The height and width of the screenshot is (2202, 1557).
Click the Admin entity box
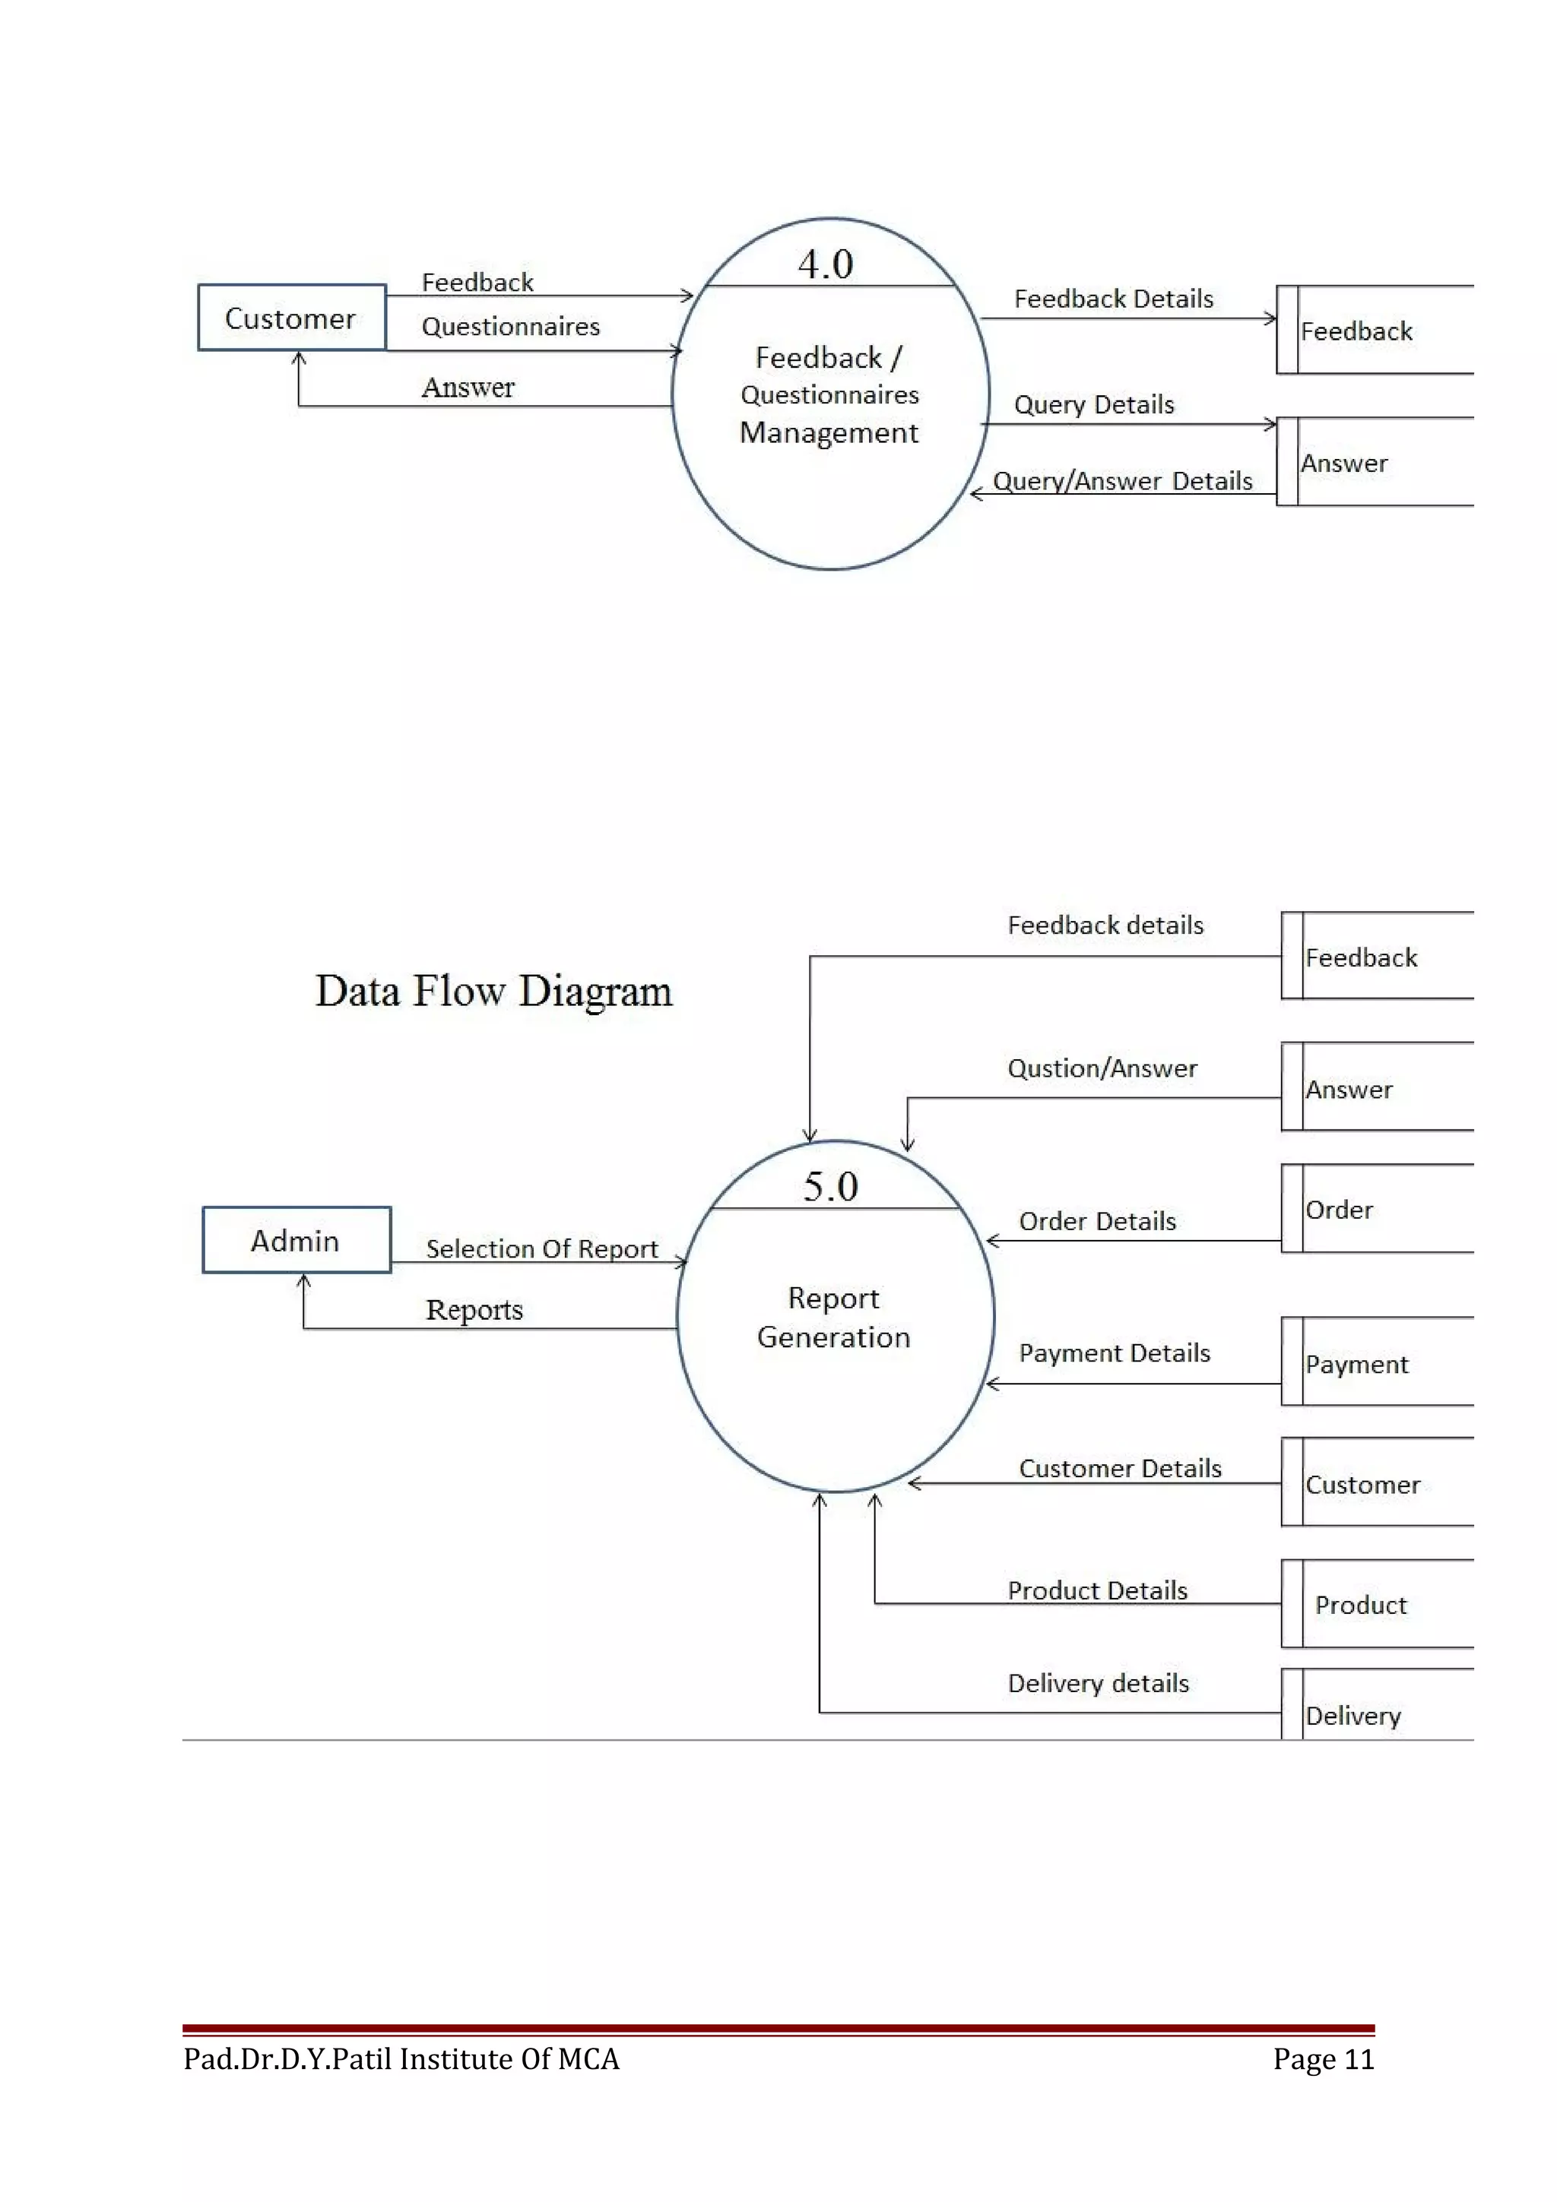(296, 1240)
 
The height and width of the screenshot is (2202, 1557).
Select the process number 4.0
(825, 264)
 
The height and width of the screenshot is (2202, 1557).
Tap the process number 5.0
(831, 1186)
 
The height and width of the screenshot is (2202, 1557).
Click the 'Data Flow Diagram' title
(494, 991)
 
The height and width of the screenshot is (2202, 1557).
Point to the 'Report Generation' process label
(834, 1317)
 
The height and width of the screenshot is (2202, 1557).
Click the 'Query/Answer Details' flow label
(1122, 480)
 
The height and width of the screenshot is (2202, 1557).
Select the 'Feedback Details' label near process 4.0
(1114, 299)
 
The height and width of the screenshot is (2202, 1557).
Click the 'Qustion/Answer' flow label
(1102, 1068)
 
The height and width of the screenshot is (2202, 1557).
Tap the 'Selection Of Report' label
(542, 1248)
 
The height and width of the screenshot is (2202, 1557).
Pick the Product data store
(1377, 1605)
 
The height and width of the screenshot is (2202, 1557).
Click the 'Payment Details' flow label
(1115, 1353)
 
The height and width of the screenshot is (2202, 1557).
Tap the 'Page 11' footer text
(1323, 2059)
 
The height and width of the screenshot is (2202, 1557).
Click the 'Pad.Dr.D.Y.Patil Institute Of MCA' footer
(401, 2059)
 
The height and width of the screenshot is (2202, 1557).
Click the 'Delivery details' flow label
(1099, 1683)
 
